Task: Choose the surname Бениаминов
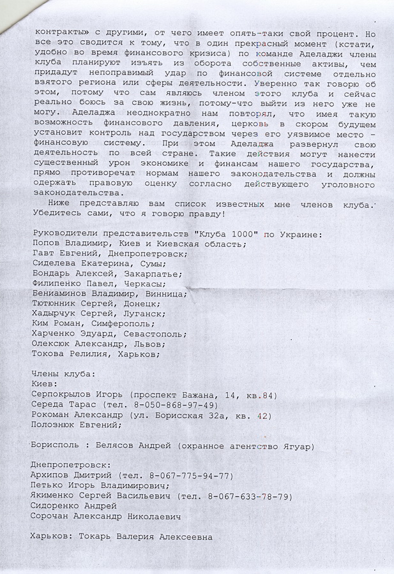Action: point(62,294)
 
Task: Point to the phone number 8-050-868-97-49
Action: point(179,405)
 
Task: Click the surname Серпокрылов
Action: point(65,395)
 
